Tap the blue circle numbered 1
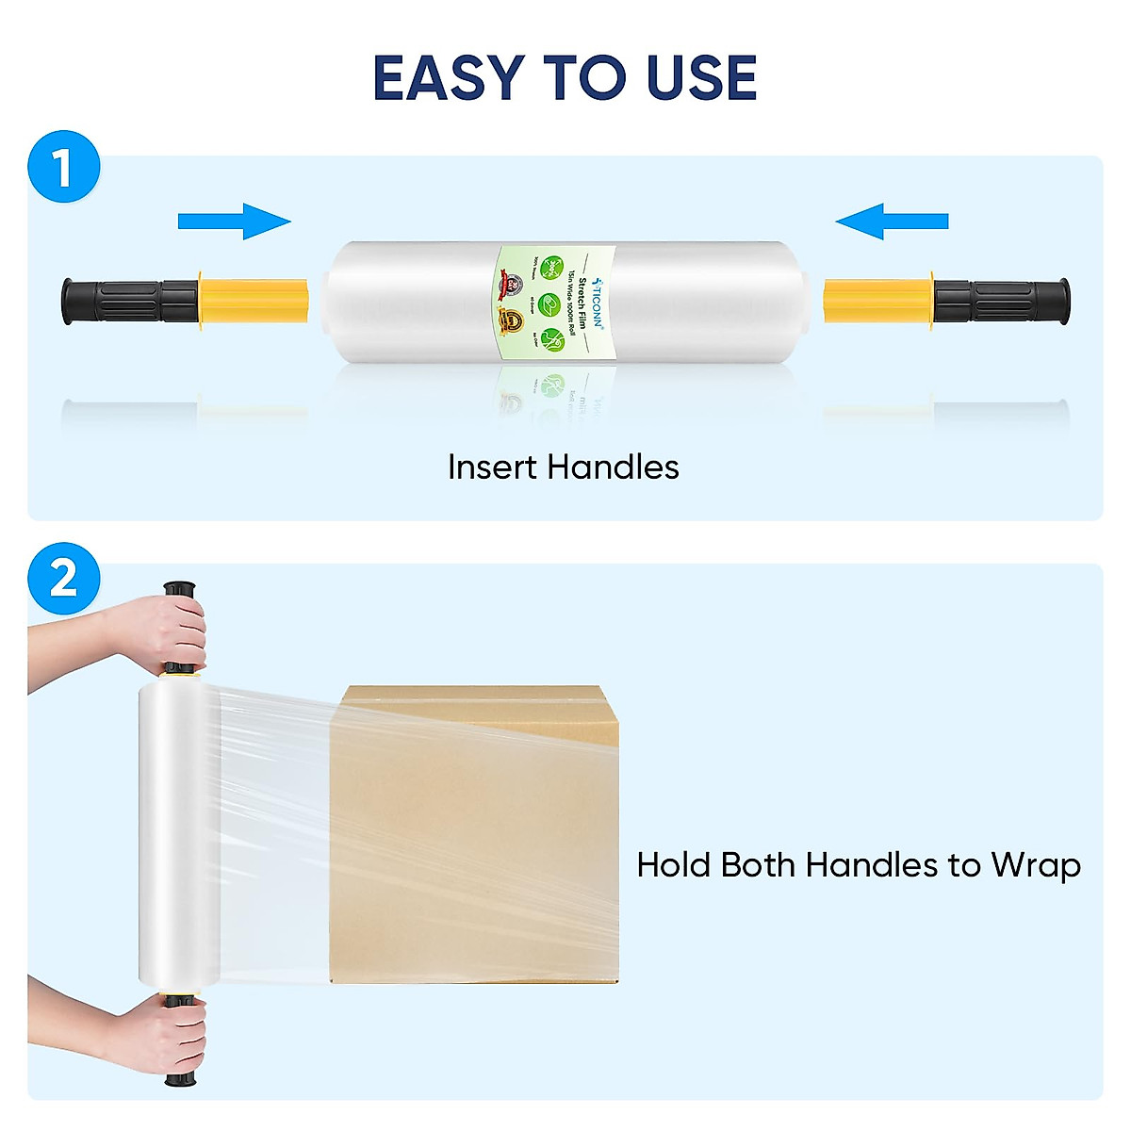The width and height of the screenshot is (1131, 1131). [63, 168]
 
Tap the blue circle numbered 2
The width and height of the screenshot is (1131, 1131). [63, 578]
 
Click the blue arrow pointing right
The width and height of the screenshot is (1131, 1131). [235, 221]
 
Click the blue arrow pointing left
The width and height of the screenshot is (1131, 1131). [892, 221]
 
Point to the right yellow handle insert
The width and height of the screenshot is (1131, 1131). [877, 301]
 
